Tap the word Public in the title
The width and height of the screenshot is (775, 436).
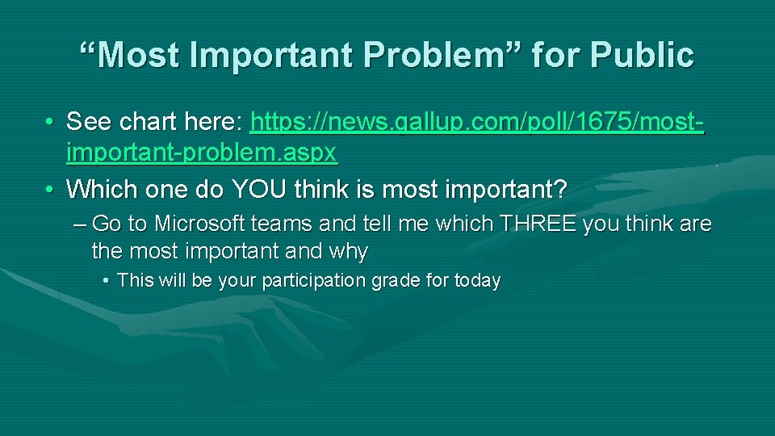coord(642,55)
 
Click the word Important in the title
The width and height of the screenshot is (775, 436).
coord(278,55)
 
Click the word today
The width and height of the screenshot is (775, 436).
coord(479,281)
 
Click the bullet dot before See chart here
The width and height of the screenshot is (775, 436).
coord(50,123)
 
